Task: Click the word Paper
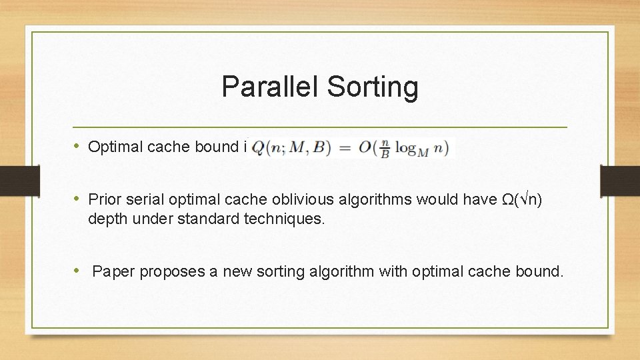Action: click(111, 271)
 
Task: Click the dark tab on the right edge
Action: click(619, 181)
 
